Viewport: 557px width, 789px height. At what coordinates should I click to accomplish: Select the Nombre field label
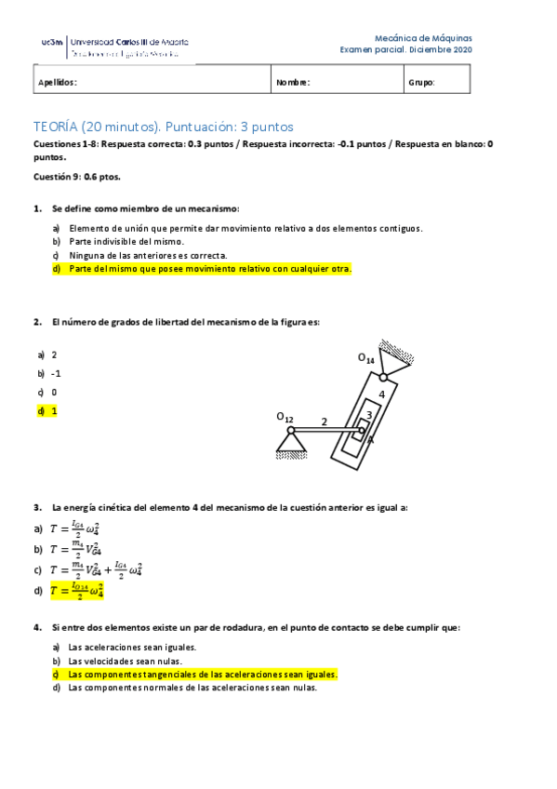[293, 82]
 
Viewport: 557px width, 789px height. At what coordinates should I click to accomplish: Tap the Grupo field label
[421, 82]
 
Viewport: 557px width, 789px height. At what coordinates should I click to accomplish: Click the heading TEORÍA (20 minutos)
[163, 126]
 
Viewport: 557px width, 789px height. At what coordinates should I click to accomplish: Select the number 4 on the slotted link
[381, 394]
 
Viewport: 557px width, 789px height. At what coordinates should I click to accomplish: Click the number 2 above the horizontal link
[325, 421]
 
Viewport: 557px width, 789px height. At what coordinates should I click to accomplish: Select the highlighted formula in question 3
[75, 590]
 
